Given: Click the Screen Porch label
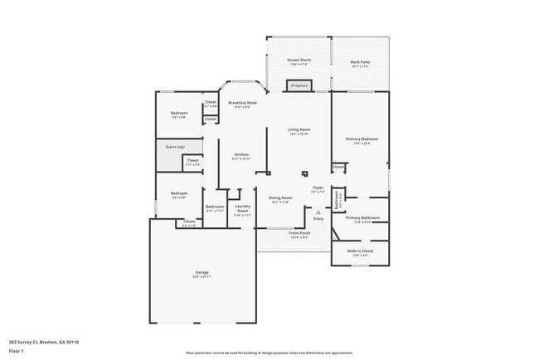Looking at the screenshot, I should [299, 61].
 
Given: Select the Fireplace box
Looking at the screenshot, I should [298, 85].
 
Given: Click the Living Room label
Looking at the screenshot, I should [299, 130].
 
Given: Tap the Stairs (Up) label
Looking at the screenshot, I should [166, 148].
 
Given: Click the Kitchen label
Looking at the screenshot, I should [240, 155].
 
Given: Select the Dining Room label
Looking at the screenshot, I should [279, 198].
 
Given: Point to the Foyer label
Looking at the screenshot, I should [317, 188].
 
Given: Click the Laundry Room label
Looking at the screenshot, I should [242, 208].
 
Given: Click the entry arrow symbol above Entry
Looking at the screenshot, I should [318, 212].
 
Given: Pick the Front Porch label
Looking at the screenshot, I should [299, 233].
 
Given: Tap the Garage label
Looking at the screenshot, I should [202, 272].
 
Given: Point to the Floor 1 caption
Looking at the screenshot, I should [17, 350].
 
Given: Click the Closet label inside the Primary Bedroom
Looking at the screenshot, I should [338, 167].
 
